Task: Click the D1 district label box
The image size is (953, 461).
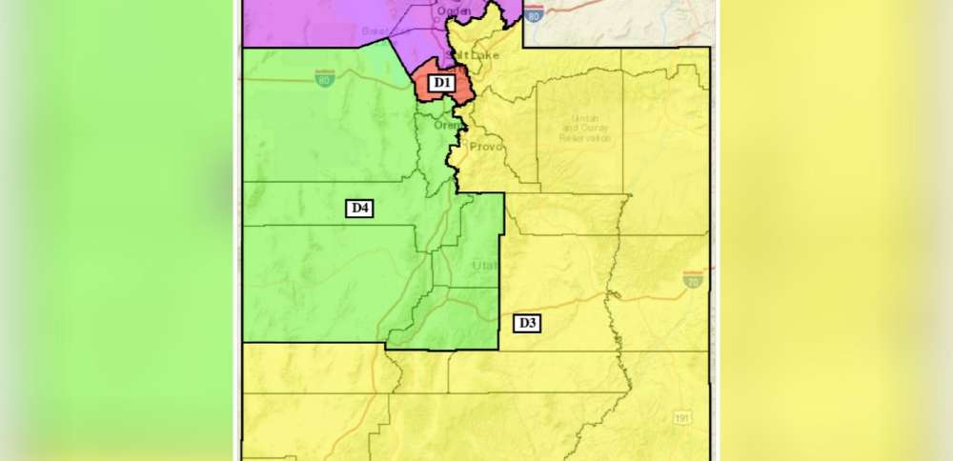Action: [440, 83]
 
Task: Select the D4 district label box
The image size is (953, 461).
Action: [359, 208]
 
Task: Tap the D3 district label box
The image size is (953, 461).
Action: [527, 323]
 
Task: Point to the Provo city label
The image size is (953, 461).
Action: [486, 147]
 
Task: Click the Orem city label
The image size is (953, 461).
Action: [445, 125]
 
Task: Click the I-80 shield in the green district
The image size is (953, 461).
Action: [325, 78]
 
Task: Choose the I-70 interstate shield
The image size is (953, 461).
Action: [693, 278]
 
